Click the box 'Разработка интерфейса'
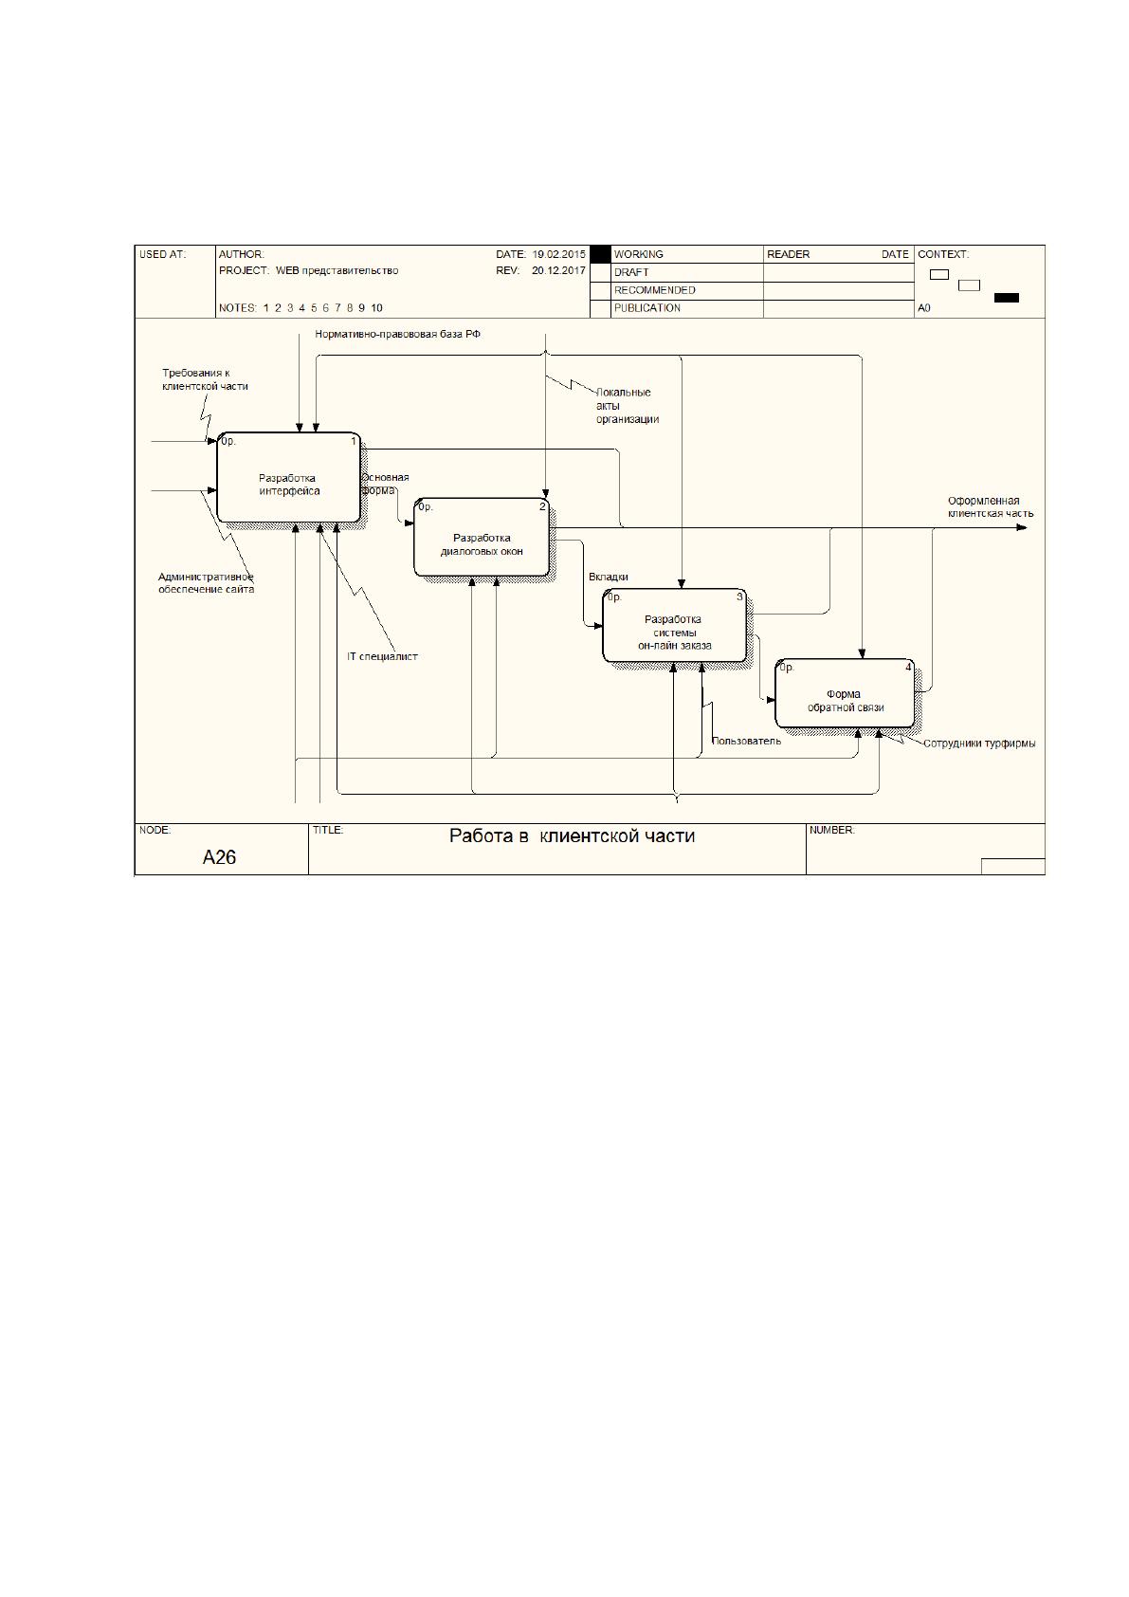[289, 477]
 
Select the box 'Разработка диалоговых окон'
[482, 537]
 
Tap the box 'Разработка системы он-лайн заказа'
[674, 625]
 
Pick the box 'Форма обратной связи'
[846, 693]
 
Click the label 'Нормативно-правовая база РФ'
[398, 335]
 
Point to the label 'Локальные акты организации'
[628, 406]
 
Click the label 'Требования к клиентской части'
[206, 379]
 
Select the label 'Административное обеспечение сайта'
[206, 583]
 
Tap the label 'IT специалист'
[382, 656]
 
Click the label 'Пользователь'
[746, 741]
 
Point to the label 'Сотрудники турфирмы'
[979, 743]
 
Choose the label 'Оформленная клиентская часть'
[990, 507]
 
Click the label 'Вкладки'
[608, 577]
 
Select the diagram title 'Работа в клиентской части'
[572, 835]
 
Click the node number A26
[219, 857]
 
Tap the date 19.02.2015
[558, 254]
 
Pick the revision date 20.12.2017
[558, 271]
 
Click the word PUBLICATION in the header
[647, 308]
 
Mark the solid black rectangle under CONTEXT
[1007, 298]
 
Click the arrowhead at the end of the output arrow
[1022, 527]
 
